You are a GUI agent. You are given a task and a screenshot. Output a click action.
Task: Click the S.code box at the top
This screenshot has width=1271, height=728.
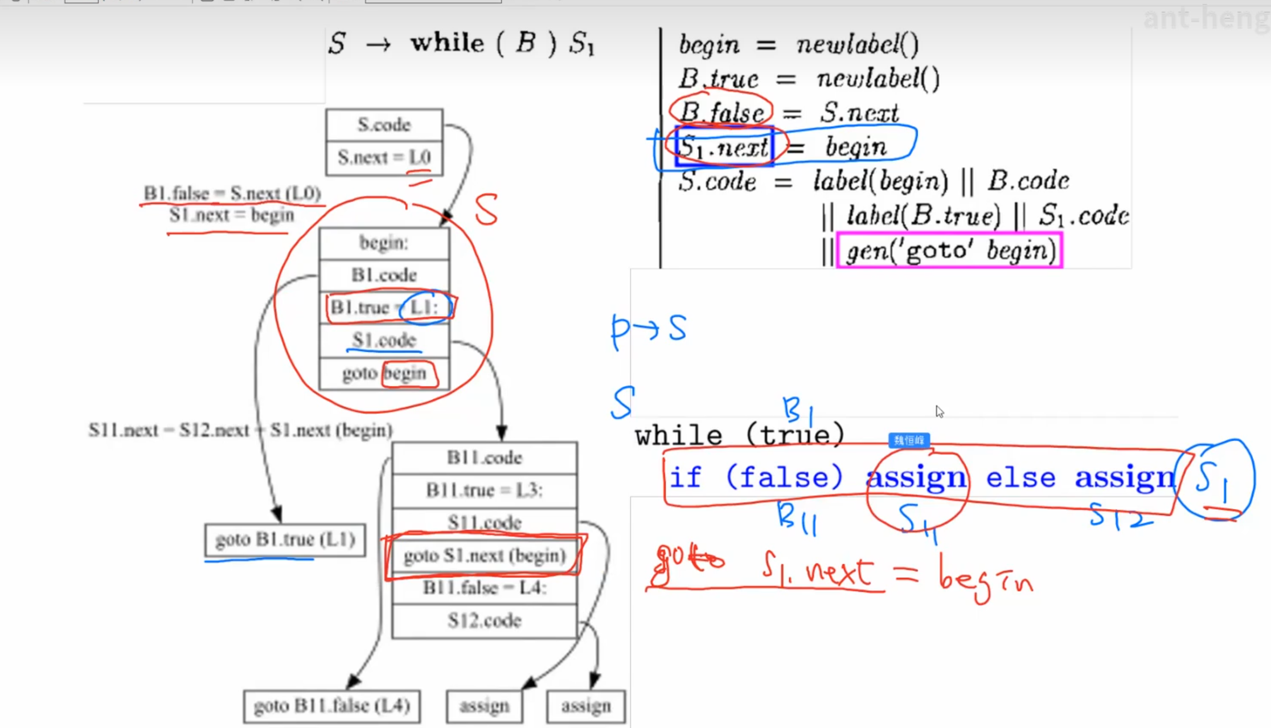384,125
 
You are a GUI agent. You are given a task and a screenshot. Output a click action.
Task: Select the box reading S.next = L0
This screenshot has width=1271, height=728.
384,157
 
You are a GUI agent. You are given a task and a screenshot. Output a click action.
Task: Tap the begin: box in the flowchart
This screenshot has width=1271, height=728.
384,243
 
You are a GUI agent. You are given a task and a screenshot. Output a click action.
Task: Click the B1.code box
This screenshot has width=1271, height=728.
384,275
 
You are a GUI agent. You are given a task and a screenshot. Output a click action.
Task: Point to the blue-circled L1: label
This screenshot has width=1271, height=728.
424,308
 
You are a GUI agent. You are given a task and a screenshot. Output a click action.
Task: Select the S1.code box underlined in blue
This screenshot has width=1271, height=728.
384,340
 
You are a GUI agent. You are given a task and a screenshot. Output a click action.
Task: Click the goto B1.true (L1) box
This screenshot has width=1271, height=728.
285,539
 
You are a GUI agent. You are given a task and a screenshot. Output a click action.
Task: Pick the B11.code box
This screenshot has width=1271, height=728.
485,457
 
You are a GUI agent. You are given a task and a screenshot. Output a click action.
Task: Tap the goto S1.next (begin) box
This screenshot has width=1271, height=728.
485,555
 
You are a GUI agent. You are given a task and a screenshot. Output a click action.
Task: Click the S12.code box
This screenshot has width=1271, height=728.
485,620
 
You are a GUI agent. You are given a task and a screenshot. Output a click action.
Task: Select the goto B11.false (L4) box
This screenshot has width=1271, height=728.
332,706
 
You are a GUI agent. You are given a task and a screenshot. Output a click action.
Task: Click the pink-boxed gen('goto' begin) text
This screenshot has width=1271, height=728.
950,251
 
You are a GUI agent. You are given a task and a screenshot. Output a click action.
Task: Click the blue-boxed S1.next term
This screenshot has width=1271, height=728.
724,147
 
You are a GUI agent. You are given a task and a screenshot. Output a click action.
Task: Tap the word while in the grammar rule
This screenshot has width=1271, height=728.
448,43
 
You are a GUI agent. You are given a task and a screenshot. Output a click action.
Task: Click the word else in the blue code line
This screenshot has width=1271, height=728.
1020,477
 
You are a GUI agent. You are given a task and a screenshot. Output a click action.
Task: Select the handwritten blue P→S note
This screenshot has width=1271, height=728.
649,329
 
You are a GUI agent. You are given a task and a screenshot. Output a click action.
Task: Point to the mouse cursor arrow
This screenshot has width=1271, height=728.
939,411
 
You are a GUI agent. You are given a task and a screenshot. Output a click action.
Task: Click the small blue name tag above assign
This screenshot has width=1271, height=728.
909,440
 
